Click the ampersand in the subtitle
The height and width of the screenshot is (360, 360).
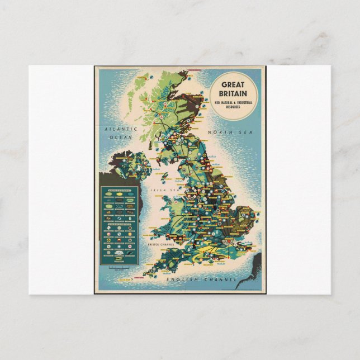pos(229,103)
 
